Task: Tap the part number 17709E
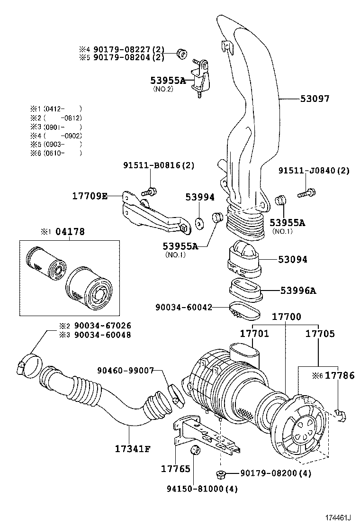[90, 196]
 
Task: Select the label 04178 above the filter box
[70, 232]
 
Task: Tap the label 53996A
[297, 291]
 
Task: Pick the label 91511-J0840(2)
[314, 171]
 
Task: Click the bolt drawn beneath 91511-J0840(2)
[306, 192]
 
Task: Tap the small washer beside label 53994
[199, 221]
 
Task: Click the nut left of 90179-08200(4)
[220, 473]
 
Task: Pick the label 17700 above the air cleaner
[286, 317]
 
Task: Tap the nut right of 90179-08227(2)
[180, 53]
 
